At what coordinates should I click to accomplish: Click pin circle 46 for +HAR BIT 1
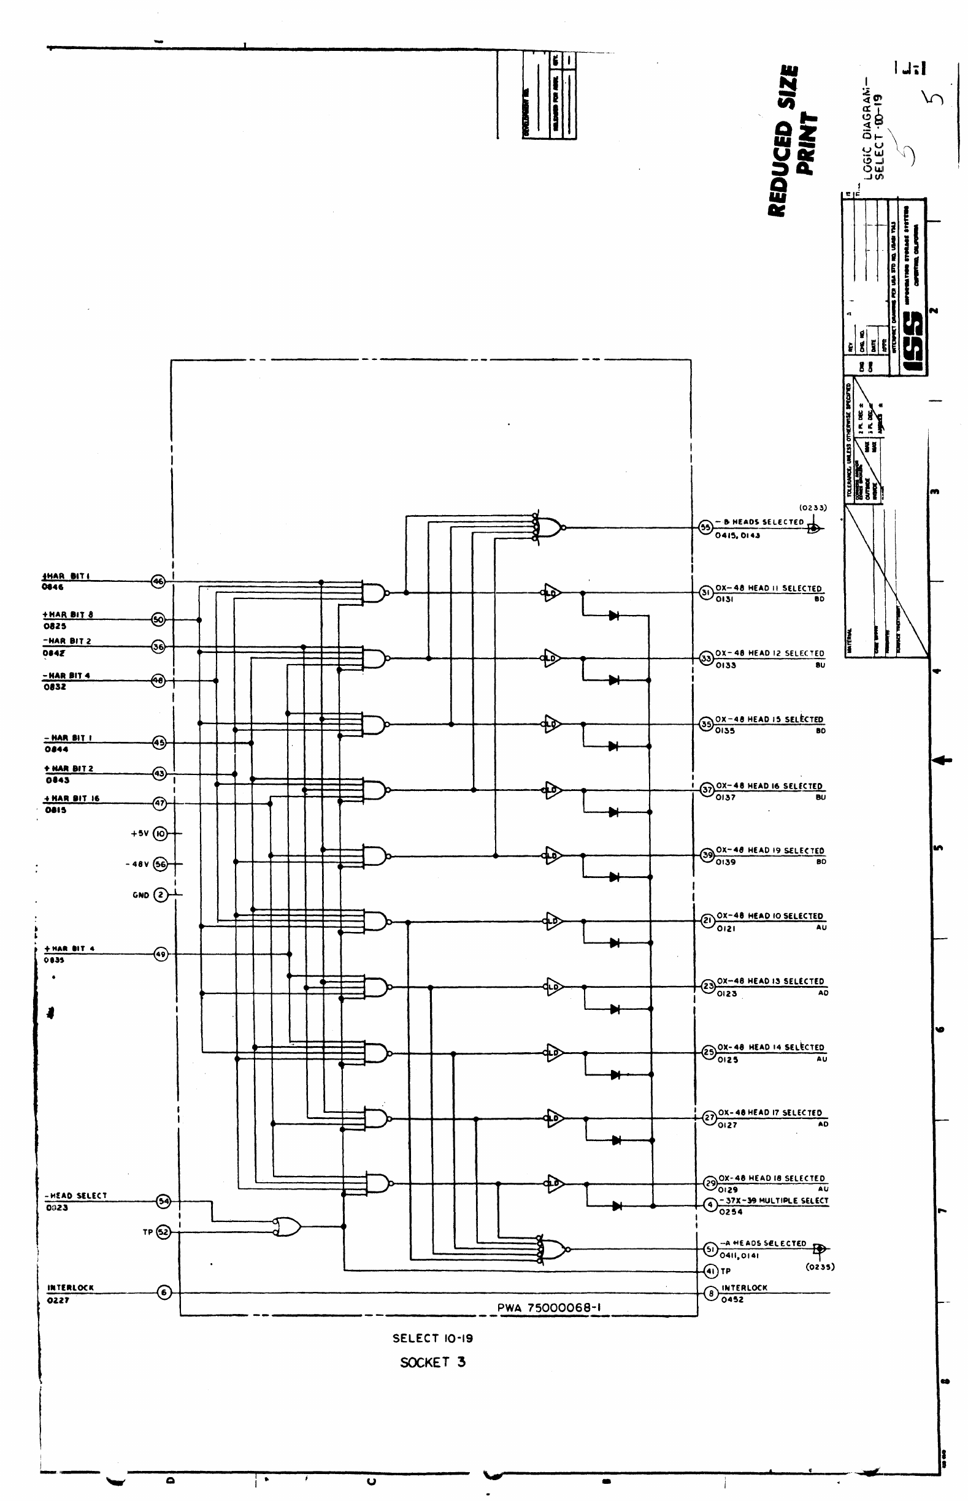pyautogui.click(x=158, y=582)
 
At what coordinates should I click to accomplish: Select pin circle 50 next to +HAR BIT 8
pyautogui.click(x=158, y=620)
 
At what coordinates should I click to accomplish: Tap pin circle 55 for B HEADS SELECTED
pyautogui.click(x=705, y=527)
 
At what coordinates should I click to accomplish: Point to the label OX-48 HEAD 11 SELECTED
pyautogui.click(x=768, y=588)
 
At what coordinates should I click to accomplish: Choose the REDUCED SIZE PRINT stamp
pyautogui.click(x=793, y=141)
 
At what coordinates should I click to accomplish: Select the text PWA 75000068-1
pyautogui.click(x=550, y=1307)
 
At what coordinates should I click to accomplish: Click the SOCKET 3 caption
pyautogui.click(x=433, y=1362)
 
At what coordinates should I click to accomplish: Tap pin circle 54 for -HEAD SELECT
pyautogui.click(x=163, y=1201)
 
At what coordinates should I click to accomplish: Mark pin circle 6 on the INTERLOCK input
pyautogui.click(x=164, y=1293)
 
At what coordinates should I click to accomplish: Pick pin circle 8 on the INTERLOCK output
pyautogui.click(x=711, y=1294)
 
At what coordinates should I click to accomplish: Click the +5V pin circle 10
pyautogui.click(x=160, y=834)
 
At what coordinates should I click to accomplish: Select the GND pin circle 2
pyautogui.click(x=161, y=895)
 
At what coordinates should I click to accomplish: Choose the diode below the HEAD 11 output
pyautogui.click(x=614, y=616)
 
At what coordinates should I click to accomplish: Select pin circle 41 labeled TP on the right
pyautogui.click(x=711, y=1271)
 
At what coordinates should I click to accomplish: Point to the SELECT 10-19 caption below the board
pyautogui.click(x=432, y=1339)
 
